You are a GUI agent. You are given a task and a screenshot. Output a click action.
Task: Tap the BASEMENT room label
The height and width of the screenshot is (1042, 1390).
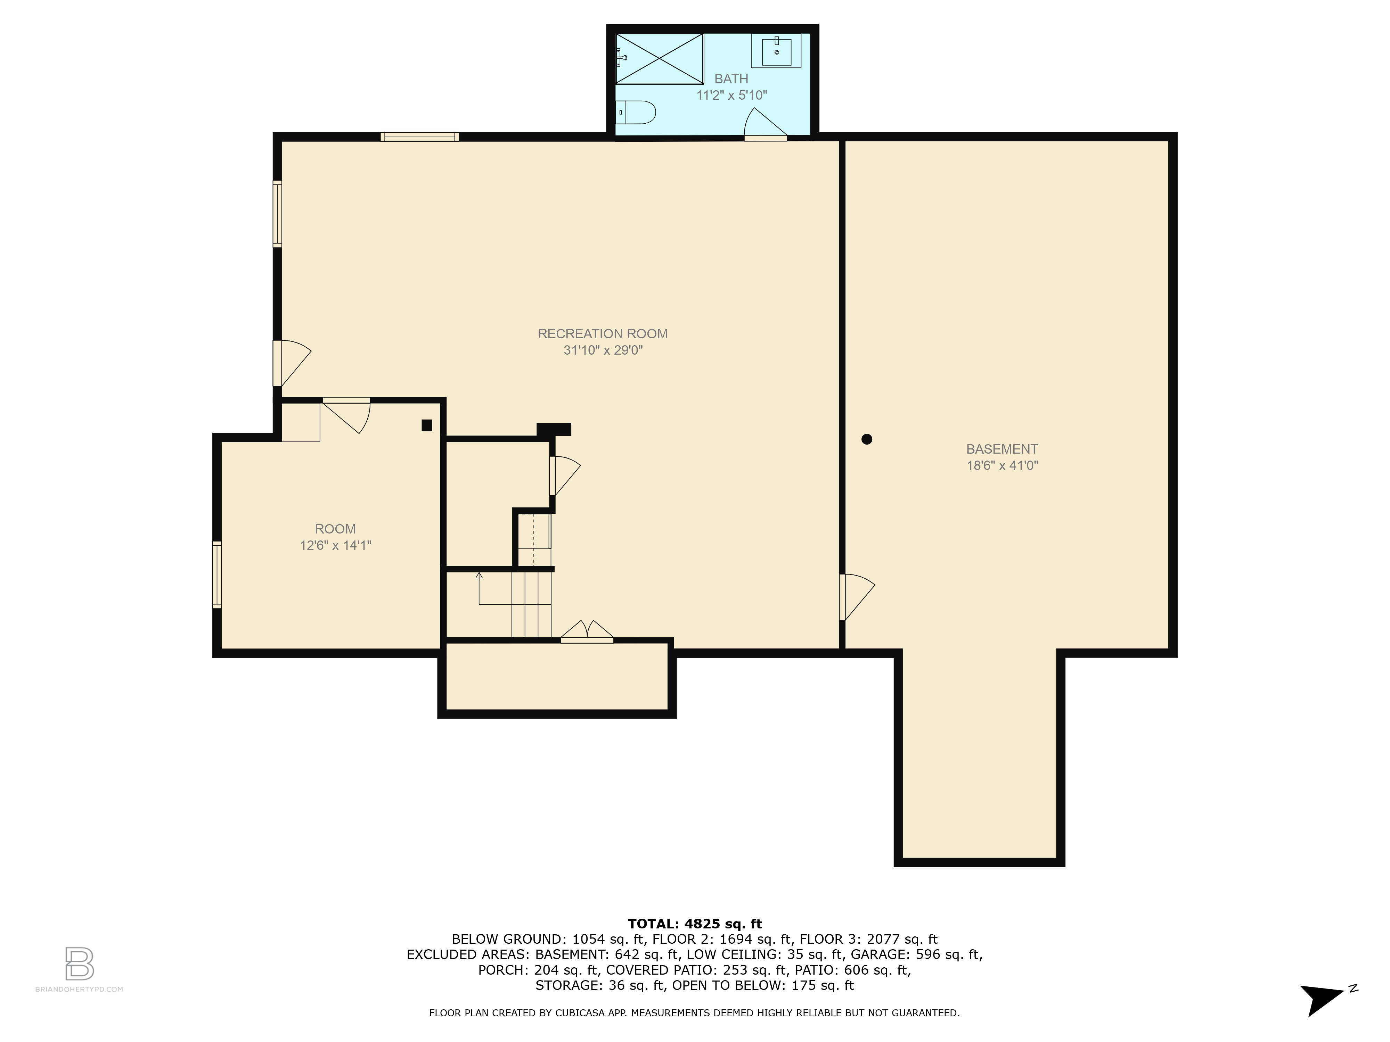[x=1001, y=449]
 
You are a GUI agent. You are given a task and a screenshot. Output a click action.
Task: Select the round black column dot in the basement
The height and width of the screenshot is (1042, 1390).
[x=867, y=439]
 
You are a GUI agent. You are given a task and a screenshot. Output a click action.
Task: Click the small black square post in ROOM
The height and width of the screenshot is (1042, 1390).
[x=427, y=425]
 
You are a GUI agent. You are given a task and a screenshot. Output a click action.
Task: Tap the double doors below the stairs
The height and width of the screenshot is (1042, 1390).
[x=587, y=631]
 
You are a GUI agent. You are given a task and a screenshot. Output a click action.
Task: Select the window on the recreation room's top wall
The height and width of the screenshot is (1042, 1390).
[x=420, y=137]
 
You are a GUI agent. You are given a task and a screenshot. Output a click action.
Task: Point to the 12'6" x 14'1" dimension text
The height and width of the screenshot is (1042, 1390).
[x=336, y=545]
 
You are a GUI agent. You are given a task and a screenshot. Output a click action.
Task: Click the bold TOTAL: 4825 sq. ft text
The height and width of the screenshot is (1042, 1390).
[x=694, y=924]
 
